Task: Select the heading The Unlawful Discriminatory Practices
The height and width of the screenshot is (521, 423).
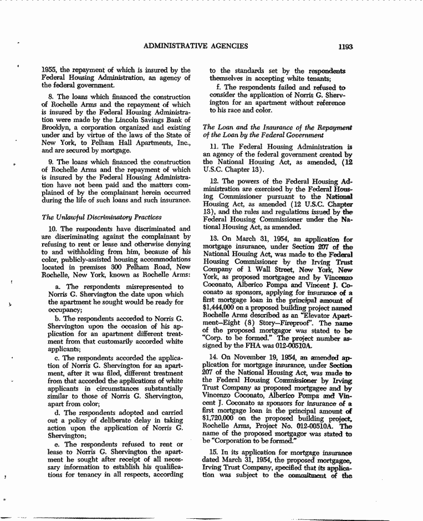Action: coord(102,217)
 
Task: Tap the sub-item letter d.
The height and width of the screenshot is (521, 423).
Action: coord(58,413)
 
